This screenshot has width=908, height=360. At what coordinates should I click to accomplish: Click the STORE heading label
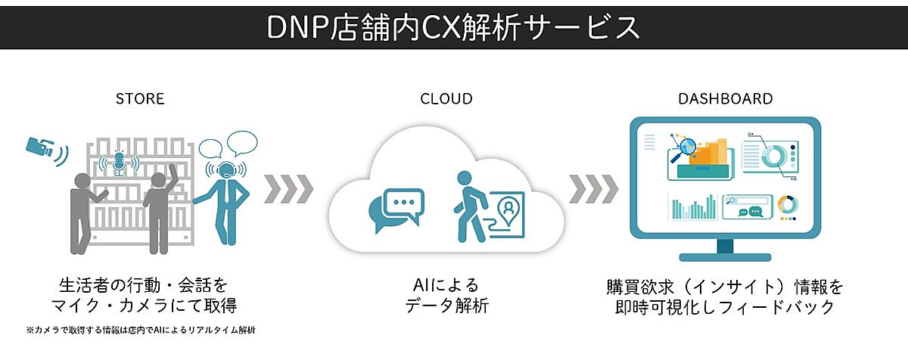point(140,99)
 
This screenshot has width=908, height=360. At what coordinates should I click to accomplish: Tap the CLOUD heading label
point(446,99)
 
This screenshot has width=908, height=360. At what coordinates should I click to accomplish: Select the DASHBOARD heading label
point(725,99)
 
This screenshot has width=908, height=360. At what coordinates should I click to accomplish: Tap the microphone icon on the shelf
point(118,162)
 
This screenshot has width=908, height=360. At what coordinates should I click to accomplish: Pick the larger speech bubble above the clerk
point(242,141)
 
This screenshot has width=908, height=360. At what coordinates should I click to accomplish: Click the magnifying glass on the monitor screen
point(687,146)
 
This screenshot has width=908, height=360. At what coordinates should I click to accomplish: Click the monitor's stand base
point(725,256)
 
